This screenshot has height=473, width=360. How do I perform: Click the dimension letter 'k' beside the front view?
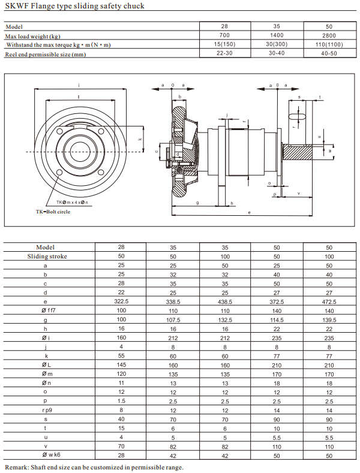[139, 138]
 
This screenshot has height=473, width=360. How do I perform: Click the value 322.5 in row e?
[122, 302]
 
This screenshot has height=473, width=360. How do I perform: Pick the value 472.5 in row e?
[329, 302]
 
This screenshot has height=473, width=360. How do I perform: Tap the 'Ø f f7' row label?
[46, 311]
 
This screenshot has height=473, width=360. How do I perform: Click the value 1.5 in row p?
[122, 402]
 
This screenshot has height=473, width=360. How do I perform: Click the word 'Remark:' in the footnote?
[18, 467]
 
